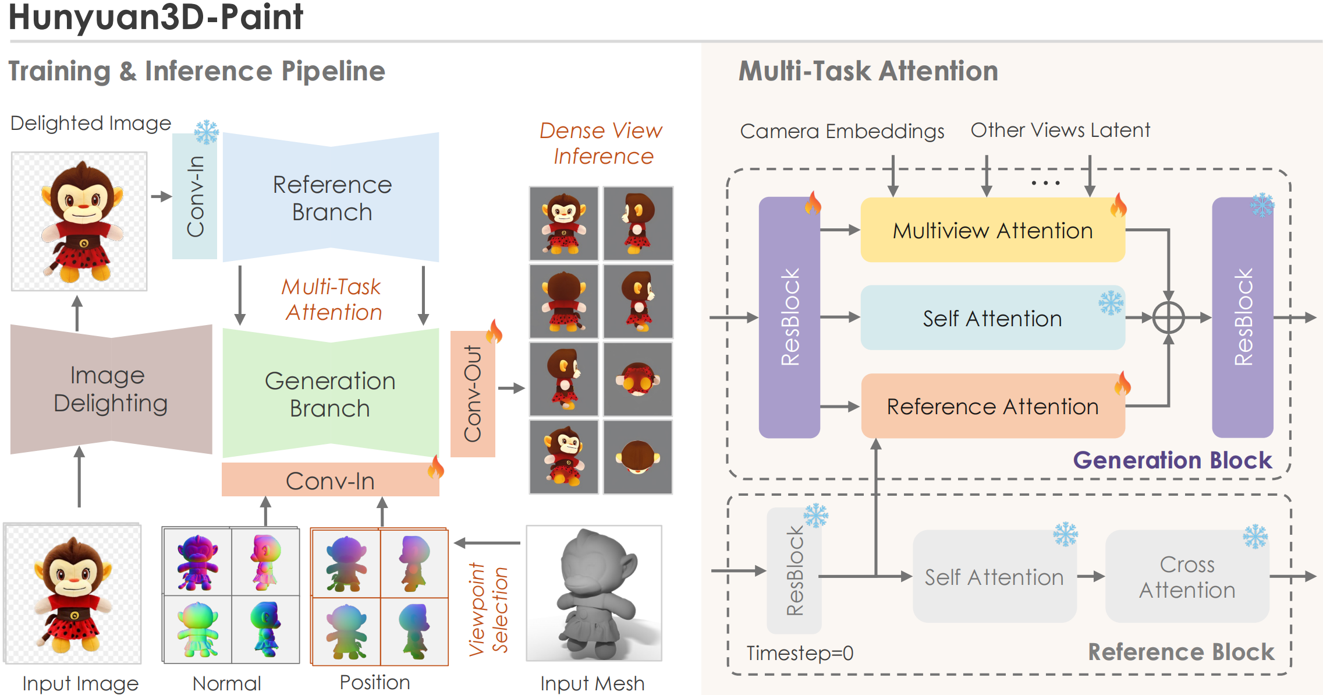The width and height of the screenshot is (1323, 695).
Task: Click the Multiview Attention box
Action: [x=992, y=231]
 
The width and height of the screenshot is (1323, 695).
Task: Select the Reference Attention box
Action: [x=992, y=406]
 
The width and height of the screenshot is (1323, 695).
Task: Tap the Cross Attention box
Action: [x=1187, y=577]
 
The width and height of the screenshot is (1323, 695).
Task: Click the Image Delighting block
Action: [x=111, y=389]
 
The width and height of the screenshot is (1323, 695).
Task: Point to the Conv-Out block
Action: [x=473, y=394]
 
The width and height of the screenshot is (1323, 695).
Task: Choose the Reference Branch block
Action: [x=331, y=198]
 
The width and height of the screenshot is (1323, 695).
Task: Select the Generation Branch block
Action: [x=330, y=394]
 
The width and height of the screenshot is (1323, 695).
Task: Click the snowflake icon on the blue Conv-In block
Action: [x=206, y=132]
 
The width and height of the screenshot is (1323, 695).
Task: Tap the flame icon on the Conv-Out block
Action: [x=494, y=331]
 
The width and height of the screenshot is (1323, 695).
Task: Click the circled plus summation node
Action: [x=1168, y=318]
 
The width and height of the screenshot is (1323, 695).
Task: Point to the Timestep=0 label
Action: [x=800, y=653]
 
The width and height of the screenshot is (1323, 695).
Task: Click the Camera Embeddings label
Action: [x=842, y=131]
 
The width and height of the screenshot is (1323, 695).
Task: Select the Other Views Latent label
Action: [x=1060, y=130]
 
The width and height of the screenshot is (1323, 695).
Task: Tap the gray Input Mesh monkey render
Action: [x=594, y=593]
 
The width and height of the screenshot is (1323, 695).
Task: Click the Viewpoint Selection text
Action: [x=489, y=609]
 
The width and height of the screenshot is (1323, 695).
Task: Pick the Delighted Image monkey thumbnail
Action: [x=79, y=221]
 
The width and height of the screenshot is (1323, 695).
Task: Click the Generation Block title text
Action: [x=1172, y=460]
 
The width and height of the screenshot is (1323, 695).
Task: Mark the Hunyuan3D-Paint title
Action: [x=156, y=17]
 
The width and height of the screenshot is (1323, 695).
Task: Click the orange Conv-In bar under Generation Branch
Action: [x=330, y=481]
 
